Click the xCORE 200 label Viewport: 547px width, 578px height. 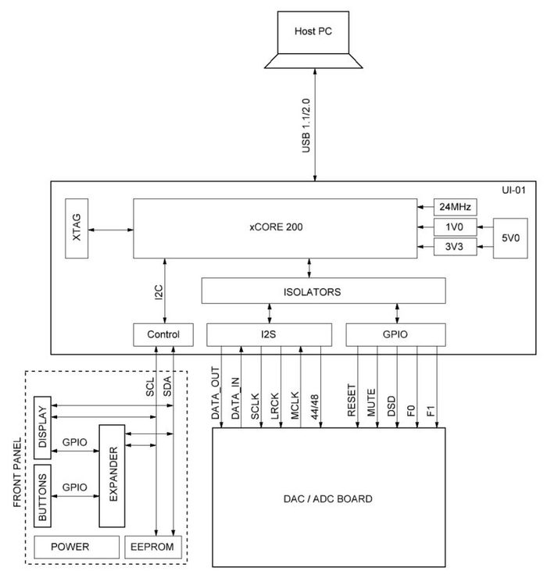(272, 227)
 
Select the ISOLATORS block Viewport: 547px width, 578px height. (324, 291)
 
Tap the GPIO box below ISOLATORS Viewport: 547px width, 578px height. (395, 334)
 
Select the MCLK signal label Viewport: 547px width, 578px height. (295, 402)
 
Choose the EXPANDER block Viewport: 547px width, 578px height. (112, 476)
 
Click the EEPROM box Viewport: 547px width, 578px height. (153, 547)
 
